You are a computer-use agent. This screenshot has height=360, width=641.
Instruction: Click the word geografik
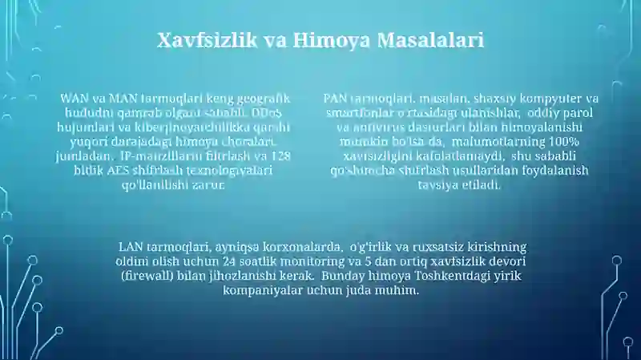[x=264, y=98]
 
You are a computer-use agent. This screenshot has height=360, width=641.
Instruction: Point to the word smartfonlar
[x=359, y=112]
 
